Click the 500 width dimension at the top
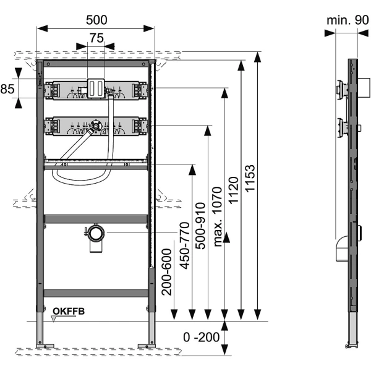pyautogui.click(x=96, y=19)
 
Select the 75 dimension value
pyautogui.click(x=96, y=38)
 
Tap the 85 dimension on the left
pyautogui.click(x=7, y=89)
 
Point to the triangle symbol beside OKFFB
pyautogui.click(x=54, y=319)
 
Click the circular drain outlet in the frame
pyautogui.click(x=96, y=234)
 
